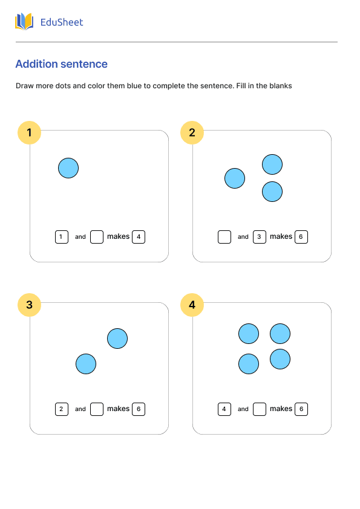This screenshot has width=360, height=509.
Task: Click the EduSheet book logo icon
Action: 24,22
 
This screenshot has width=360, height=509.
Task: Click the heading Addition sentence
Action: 61,64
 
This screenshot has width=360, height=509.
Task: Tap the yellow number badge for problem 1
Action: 29,133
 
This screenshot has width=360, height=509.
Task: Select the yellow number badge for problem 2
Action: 192,133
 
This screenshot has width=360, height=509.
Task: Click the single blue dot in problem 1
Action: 68,168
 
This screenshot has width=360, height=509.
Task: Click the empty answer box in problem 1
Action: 97,237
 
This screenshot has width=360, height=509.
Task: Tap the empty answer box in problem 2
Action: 224,237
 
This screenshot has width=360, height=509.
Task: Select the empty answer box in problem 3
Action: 97,409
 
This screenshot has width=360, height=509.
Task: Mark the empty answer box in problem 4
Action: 260,409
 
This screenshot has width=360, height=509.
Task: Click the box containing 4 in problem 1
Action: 139,237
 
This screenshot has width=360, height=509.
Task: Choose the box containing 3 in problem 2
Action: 260,237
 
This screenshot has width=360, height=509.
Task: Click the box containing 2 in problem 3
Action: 61,409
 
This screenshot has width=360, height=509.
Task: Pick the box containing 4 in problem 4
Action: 224,409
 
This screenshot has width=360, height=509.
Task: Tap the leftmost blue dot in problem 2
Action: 235,178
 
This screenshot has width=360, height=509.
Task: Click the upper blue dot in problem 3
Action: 117,339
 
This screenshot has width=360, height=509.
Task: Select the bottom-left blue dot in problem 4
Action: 249,364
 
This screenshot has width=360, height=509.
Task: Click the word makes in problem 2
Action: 281,236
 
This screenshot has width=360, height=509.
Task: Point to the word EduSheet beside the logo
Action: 61,22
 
